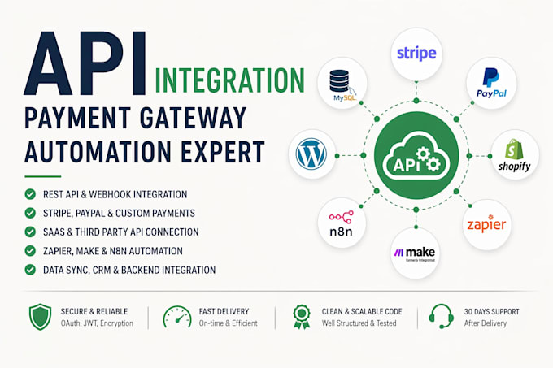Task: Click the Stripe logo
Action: click(416, 54)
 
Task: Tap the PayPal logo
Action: click(491, 83)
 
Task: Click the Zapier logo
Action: click(486, 223)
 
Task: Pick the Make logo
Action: click(415, 253)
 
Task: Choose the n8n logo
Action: click(341, 223)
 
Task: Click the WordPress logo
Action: click(311, 154)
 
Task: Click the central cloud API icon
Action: click(416, 155)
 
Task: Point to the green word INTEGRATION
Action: click(229, 80)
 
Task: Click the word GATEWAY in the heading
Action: click(193, 118)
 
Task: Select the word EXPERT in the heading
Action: click(223, 152)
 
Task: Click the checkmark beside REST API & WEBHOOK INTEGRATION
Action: click(30, 194)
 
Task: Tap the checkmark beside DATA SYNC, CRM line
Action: click(30, 270)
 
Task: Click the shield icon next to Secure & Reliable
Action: click(40, 317)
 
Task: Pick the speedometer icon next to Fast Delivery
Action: click(177, 317)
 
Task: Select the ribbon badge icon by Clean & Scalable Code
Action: click(302, 317)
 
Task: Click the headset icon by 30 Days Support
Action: click(442, 316)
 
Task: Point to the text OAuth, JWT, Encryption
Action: click(97, 323)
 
